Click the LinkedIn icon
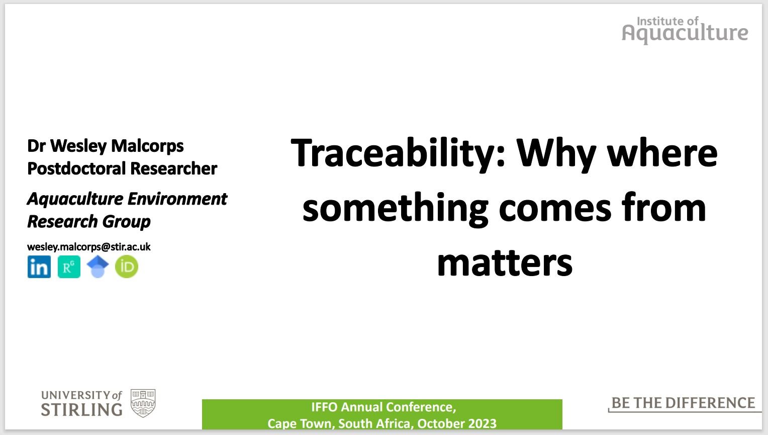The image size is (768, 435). pos(39,267)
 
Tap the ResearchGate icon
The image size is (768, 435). pos(69,267)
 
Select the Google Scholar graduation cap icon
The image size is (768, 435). pos(98,267)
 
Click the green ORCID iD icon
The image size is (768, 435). pos(127,267)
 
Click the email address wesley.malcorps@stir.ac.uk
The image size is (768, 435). pos(89,247)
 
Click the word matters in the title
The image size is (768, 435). pos(505,263)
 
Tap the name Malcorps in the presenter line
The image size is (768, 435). pos(147,146)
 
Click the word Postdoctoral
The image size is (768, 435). pos(76,168)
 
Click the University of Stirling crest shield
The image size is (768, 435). pos(143,403)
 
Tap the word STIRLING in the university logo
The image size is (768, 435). pos(81,410)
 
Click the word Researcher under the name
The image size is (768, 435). pos(173,168)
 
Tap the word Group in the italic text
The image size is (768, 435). pos(126,222)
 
